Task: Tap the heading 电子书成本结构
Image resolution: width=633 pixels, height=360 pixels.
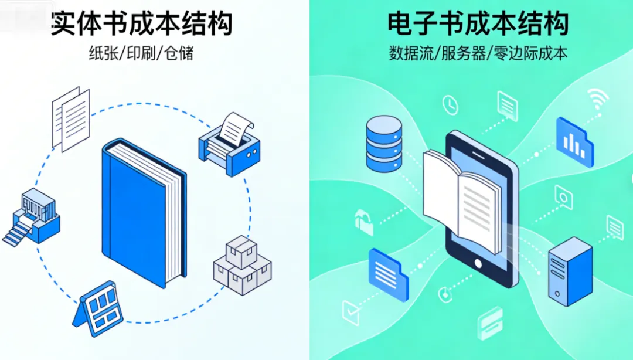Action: coord(478,23)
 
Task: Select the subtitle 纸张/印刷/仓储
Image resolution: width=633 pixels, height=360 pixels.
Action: coord(141,54)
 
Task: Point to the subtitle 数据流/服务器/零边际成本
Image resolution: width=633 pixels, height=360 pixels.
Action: coord(478,54)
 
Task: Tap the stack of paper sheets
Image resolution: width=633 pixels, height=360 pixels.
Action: coord(70,117)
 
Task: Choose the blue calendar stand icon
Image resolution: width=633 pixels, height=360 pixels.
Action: coord(99,310)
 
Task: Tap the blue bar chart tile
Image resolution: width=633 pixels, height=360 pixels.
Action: coord(574,141)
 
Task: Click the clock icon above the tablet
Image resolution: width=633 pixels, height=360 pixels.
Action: coord(450,105)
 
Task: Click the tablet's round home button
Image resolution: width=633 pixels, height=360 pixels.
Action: coord(479,262)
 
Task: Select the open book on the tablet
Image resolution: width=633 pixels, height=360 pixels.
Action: coord(463,199)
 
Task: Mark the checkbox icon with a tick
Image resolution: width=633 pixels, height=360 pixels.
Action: coord(350,312)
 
